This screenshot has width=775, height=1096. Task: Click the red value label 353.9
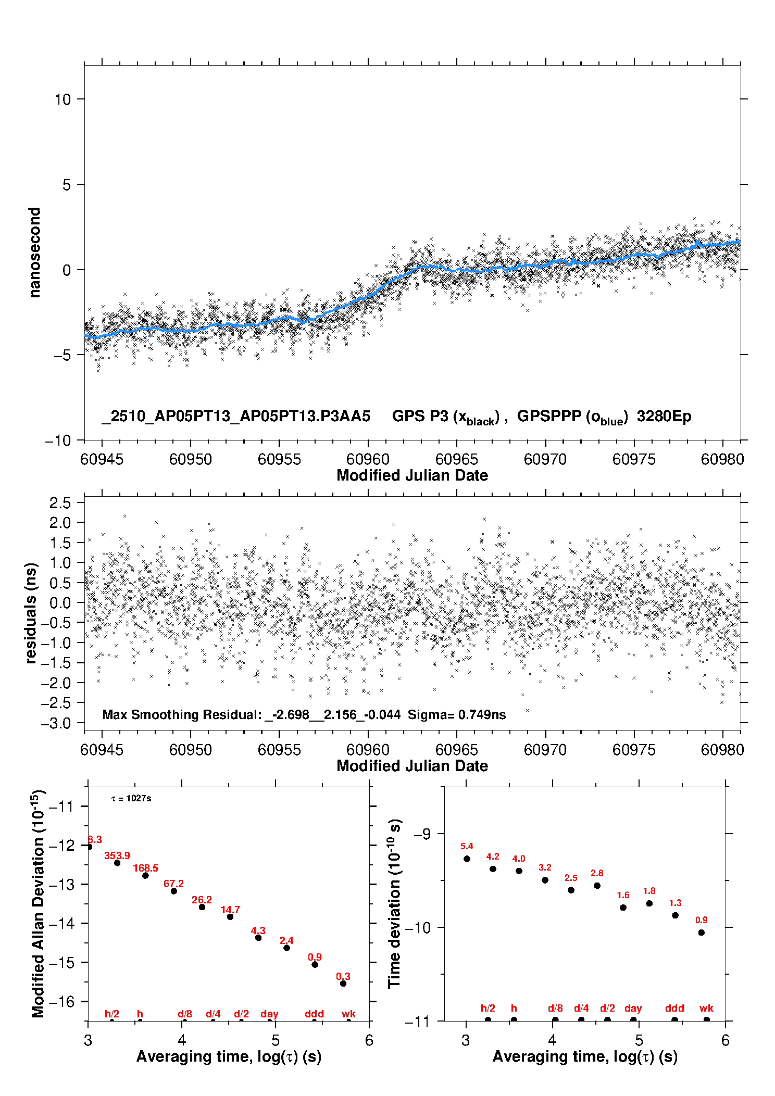pos(117,855)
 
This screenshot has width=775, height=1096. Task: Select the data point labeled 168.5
pos(145,875)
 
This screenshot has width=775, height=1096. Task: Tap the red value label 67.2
pos(173,884)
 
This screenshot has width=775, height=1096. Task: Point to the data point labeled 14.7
pos(230,916)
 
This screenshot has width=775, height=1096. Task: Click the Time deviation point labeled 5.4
pos(467,859)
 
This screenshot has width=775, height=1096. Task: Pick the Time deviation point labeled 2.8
pos(597,885)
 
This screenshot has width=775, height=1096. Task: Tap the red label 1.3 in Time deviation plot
pos(675,903)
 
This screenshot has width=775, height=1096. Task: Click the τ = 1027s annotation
pos(131,798)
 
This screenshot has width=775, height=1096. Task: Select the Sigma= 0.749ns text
pos(457,714)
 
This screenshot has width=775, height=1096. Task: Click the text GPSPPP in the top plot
pos(549,416)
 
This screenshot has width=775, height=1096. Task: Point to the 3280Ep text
pos(664,416)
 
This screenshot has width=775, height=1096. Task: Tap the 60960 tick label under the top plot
pos(368,459)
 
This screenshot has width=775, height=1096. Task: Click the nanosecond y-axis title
pos(34,253)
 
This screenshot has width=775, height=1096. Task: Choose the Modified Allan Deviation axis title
pos(38,903)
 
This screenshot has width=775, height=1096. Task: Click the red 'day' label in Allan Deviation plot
pos(269,1014)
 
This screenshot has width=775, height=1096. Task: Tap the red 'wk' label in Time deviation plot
pos(706,1008)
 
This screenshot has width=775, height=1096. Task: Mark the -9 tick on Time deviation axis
pos(422,833)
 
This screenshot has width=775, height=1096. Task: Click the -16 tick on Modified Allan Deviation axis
pos(61,1001)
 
